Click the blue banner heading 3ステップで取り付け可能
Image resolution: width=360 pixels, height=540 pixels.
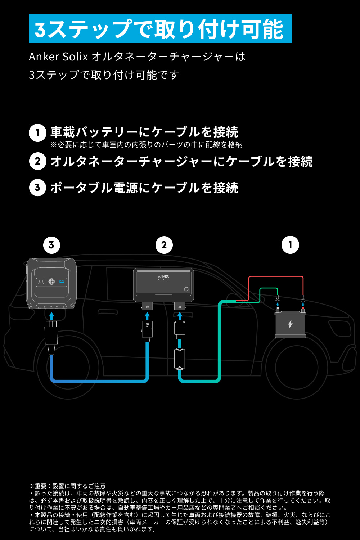160,28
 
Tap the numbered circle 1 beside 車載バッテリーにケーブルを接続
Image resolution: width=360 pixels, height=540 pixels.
37,133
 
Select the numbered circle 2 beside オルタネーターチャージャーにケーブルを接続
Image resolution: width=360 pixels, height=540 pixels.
37,161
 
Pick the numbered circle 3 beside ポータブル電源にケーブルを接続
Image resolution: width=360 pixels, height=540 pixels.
37,187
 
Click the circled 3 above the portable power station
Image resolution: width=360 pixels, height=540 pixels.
51,245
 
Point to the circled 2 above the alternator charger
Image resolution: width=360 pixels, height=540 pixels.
164,245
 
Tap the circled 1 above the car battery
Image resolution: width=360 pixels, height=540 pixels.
290,245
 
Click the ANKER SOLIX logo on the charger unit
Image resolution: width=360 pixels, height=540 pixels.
163,278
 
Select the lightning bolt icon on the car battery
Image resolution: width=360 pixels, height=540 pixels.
290,324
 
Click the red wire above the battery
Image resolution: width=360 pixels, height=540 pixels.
276,276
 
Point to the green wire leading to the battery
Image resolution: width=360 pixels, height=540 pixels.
269,288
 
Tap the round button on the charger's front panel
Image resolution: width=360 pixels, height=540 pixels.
186,289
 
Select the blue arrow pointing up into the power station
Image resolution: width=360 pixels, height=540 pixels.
51,316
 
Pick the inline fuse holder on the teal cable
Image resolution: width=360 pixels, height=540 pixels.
179,359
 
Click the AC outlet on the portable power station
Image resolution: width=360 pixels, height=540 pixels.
41,282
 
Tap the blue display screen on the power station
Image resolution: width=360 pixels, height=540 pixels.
62,281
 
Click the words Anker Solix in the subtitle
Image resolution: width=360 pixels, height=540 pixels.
58,57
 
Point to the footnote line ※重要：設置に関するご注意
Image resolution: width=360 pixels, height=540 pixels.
67,486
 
